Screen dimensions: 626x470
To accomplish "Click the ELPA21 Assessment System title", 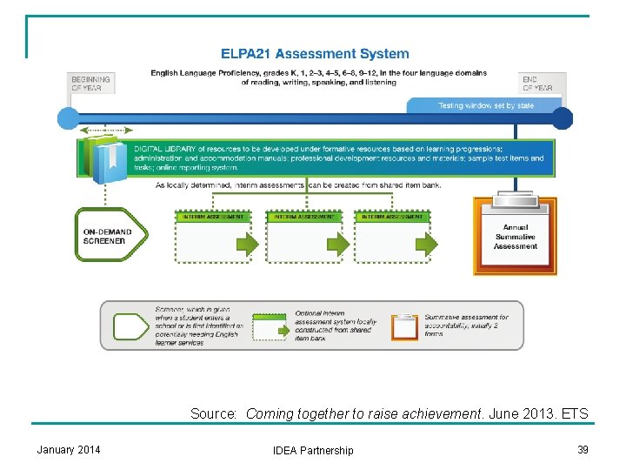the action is point(314,54).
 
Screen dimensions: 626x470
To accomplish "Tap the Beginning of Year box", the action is point(90,84).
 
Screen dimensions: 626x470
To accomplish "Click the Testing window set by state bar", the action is point(485,105).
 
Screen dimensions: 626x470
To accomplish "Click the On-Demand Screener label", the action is point(108,236).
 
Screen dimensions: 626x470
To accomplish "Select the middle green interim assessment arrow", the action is point(339,245).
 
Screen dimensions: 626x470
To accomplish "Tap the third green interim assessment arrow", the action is point(427,245).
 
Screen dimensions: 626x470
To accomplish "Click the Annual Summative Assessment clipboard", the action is point(515,235).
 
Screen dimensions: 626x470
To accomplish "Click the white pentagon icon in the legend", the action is point(131,326).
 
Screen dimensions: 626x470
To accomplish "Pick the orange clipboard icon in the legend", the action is point(405,326).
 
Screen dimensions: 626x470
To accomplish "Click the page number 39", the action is point(583,449).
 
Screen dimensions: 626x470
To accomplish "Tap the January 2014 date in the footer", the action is point(69,449).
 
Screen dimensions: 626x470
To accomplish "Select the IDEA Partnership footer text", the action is point(313,450).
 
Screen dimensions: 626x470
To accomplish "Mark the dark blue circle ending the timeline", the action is point(563,118).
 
